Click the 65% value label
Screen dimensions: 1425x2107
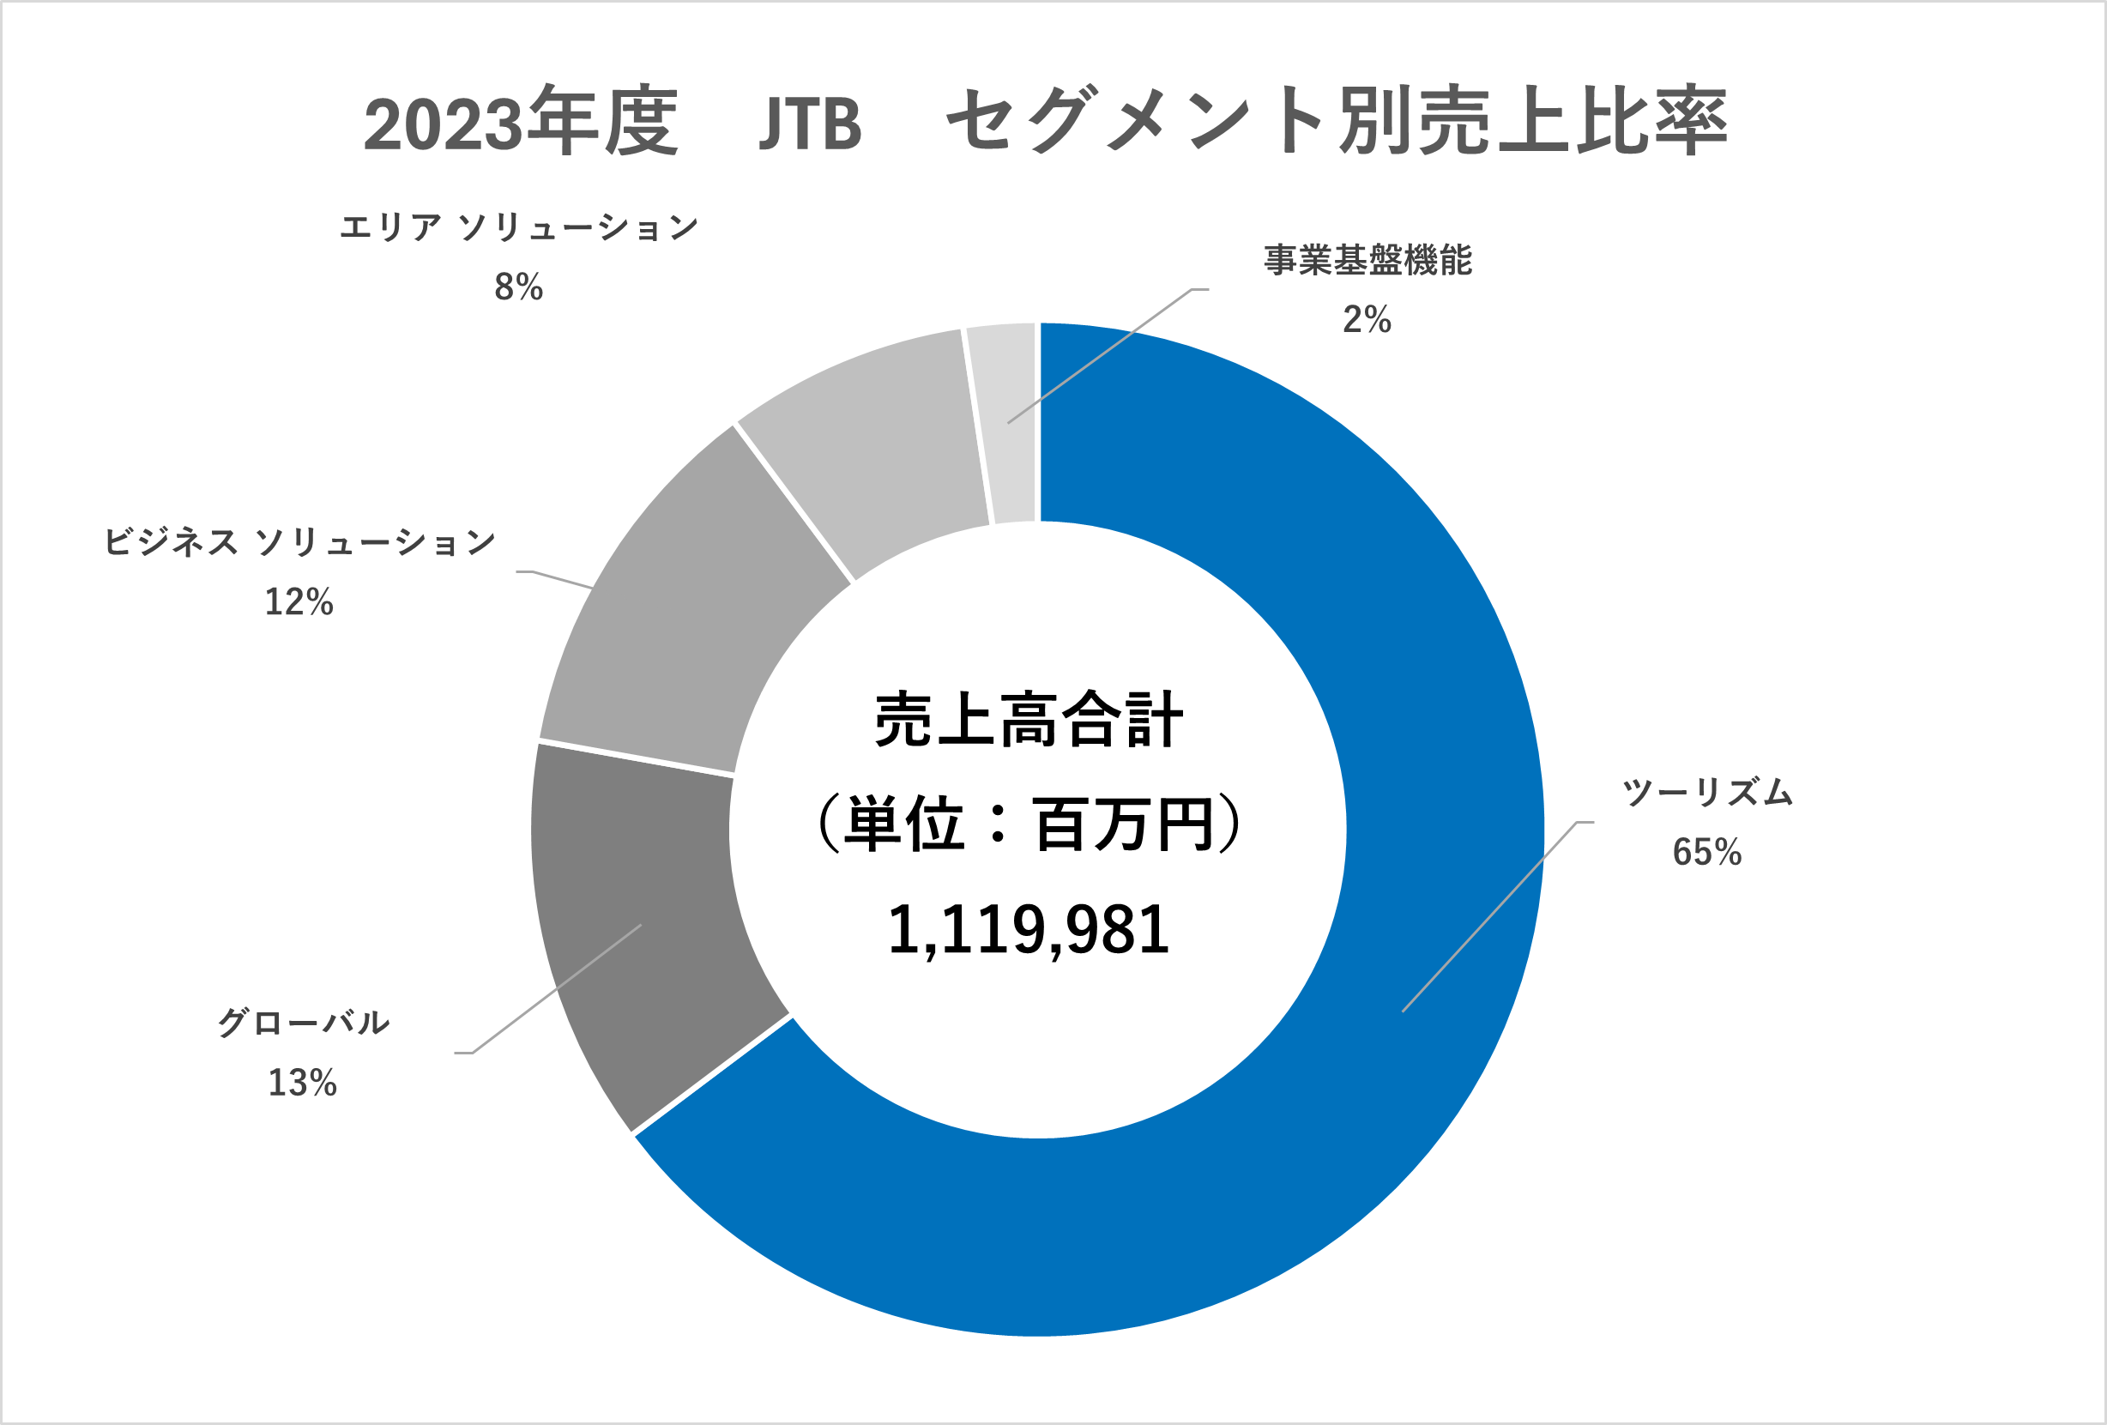(x=1707, y=853)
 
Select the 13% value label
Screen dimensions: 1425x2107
(x=303, y=1084)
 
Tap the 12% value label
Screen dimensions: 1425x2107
(x=299, y=602)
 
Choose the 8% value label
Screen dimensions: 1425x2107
(x=518, y=287)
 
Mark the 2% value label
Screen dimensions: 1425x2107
(x=1367, y=320)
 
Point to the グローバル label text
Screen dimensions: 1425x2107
(x=303, y=1023)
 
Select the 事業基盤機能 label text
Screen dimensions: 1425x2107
(x=1368, y=260)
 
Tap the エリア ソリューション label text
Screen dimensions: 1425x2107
(x=518, y=227)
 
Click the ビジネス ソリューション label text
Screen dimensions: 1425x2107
(x=299, y=542)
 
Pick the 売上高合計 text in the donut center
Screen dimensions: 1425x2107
(x=1028, y=721)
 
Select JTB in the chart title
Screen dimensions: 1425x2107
(x=810, y=124)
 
